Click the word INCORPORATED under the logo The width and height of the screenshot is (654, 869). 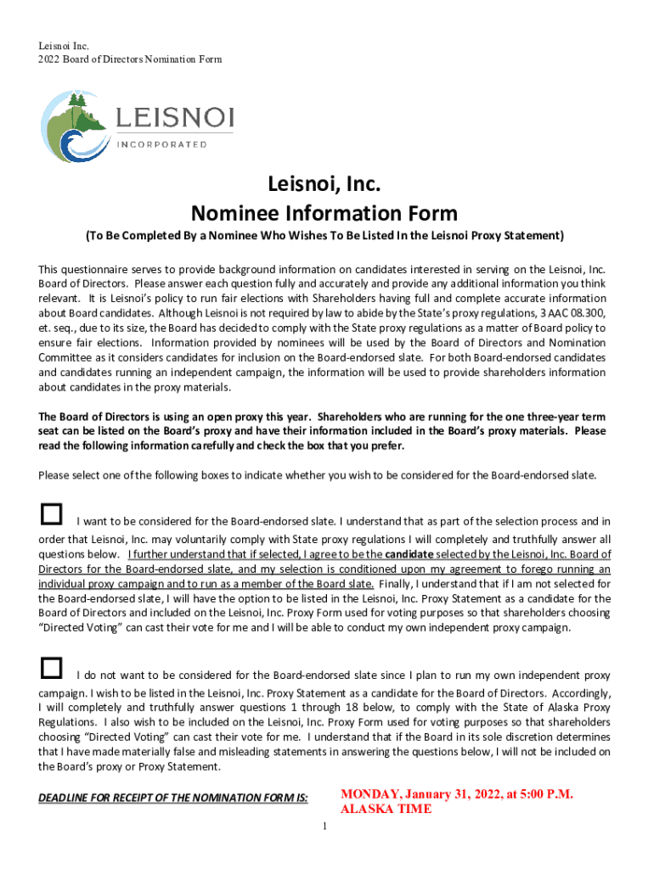pyautogui.click(x=161, y=144)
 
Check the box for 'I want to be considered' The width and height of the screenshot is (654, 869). pyautogui.click(x=52, y=514)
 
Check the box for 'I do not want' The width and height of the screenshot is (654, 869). pyautogui.click(x=52, y=668)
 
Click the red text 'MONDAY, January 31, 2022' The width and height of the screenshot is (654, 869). pyautogui.click(x=456, y=794)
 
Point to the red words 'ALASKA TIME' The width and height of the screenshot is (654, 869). pyautogui.click(x=386, y=810)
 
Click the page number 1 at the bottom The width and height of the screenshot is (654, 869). pyautogui.click(x=324, y=827)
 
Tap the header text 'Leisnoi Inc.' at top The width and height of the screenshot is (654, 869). pyautogui.click(x=65, y=45)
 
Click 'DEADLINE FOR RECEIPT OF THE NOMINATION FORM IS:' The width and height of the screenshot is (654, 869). pyautogui.click(x=173, y=798)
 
